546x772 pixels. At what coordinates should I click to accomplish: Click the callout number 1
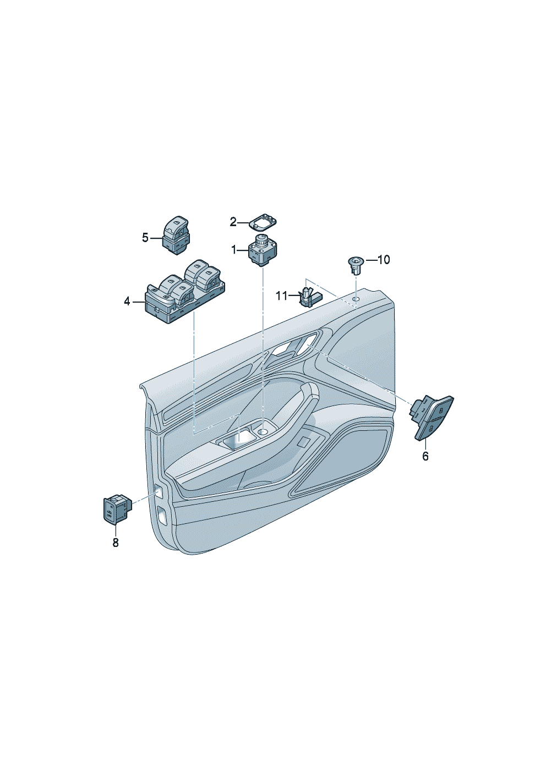point(234,249)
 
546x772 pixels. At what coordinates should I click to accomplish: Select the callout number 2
point(233,222)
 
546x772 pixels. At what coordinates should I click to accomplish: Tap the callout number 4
point(127,302)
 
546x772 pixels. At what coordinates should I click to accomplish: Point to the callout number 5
point(145,238)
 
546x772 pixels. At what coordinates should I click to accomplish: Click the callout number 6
point(425,456)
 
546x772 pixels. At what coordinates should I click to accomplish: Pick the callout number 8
point(116,543)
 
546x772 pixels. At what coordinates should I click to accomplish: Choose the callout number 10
point(383,260)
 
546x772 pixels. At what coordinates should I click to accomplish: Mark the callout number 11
point(281,295)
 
